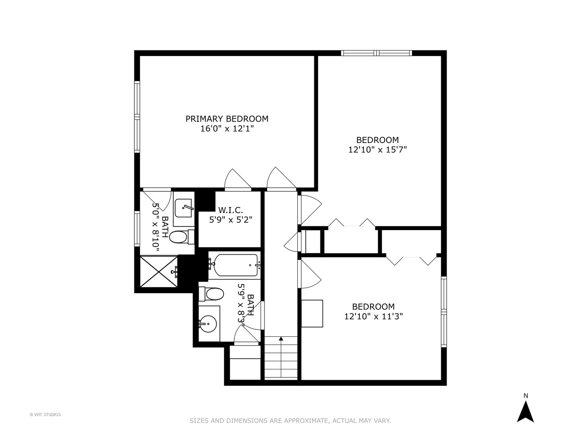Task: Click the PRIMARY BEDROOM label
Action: pos(227,119)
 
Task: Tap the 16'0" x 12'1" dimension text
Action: pos(227,129)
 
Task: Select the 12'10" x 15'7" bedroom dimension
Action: pos(377,150)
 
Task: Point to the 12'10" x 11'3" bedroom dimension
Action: pos(374,317)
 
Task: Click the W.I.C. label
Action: pos(230,210)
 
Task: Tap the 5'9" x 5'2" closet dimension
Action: pos(230,220)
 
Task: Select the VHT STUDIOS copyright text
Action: pos(45,414)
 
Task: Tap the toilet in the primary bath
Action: pos(179,237)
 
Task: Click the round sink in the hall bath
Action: pos(208,323)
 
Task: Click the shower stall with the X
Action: pos(159,271)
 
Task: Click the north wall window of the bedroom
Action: pos(376,53)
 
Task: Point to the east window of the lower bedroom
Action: pos(444,312)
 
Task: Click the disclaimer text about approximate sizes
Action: pos(290,421)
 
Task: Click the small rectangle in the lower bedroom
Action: pos(312,313)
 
